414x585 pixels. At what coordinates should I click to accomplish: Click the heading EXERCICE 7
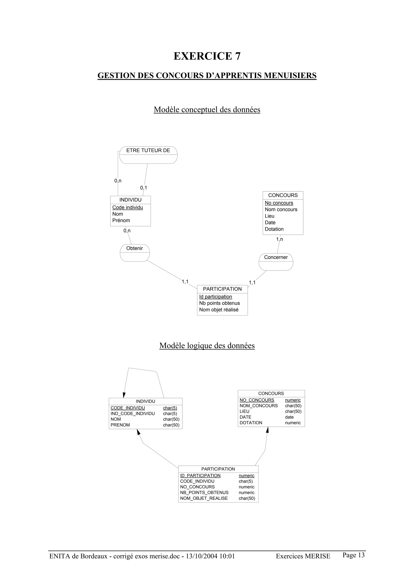click(x=207, y=56)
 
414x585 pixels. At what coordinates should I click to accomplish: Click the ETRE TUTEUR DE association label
click(x=148, y=151)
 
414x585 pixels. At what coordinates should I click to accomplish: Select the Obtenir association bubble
click(x=135, y=253)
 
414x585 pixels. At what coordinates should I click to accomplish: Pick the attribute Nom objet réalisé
click(x=219, y=310)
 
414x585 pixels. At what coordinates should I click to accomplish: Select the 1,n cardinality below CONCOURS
click(x=280, y=239)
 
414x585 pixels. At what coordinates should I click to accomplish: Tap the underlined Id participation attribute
click(x=215, y=297)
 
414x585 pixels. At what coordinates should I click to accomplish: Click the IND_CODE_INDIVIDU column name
click(x=133, y=414)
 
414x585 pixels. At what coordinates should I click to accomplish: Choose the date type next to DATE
click(x=289, y=417)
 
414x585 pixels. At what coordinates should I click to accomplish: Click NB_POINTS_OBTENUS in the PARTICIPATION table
click(x=204, y=493)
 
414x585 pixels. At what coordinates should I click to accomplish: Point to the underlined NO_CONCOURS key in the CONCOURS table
click(x=257, y=400)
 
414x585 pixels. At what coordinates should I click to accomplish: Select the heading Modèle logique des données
click(x=207, y=346)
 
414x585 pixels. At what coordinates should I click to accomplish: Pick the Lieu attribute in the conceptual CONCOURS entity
click(x=270, y=216)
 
